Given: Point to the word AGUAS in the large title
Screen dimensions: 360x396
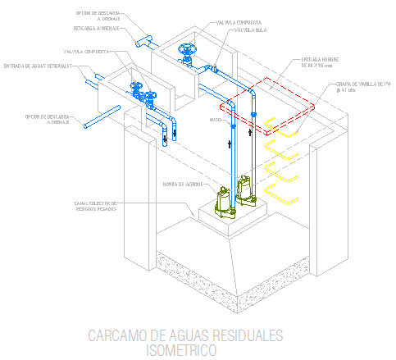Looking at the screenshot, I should click(x=185, y=336).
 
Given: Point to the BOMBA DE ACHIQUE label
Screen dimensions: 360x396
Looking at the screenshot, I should click(x=182, y=184).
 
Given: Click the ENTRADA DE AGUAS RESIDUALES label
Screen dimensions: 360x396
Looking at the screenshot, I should click(x=38, y=66).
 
